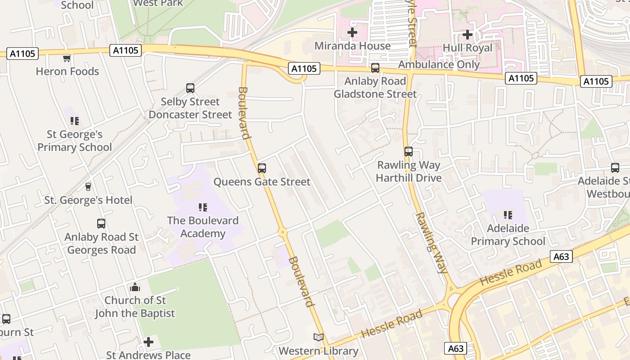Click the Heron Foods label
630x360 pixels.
(67, 71)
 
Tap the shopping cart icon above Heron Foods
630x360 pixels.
(67, 58)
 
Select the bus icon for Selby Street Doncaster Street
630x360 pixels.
(190, 88)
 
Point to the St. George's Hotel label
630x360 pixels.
(88, 200)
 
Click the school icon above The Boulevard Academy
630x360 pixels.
(203, 207)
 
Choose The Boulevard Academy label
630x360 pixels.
(203, 227)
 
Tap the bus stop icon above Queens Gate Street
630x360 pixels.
(262, 168)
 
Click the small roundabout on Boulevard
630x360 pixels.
(283, 232)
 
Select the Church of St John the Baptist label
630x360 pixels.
(135, 306)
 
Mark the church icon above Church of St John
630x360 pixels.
(135, 287)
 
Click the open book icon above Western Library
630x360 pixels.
(319, 337)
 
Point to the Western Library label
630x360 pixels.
(319, 351)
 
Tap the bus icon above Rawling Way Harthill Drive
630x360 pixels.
(409, 152)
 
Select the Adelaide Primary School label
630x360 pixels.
(508, 234)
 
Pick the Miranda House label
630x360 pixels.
(352, 46)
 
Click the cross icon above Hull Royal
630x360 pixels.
(468, 34)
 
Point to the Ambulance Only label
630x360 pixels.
(439, 64)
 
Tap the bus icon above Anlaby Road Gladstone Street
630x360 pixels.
(375, 68)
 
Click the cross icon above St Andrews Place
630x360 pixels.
(148, 342)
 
